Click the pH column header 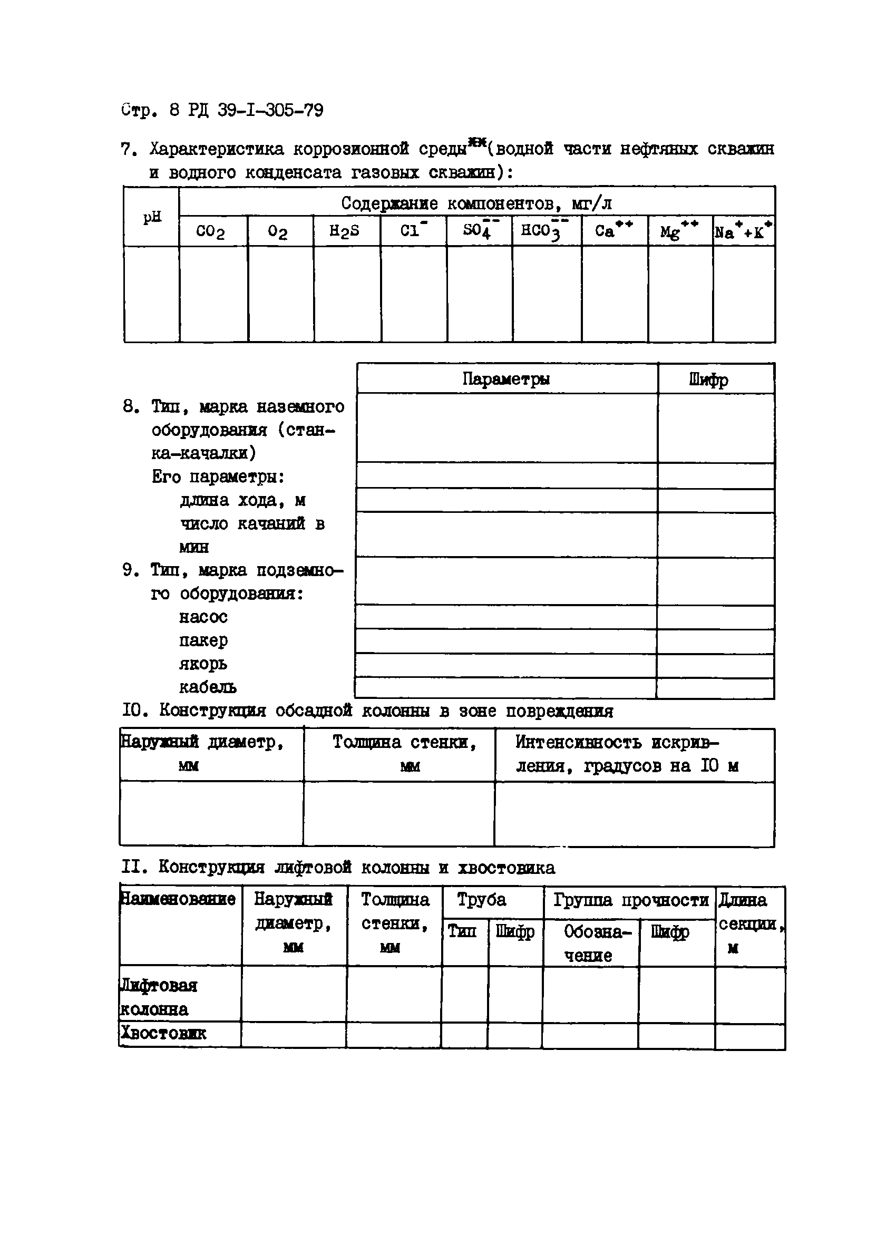point(152,217)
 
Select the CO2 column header point(210,231)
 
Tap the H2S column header point(344,231)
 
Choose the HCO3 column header point(543,230)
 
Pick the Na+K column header point(743,231)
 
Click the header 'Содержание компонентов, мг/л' point(476,203)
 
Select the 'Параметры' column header point(505,380)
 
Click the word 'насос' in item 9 point(203,617)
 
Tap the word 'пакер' point(203,640)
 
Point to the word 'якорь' point(202,664)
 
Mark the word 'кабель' point(208,687)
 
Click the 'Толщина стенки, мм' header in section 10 point(405,753)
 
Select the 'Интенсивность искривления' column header point(627,754)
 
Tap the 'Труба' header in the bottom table point(482,900)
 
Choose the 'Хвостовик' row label point(163,1033)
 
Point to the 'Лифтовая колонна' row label point(159,997)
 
